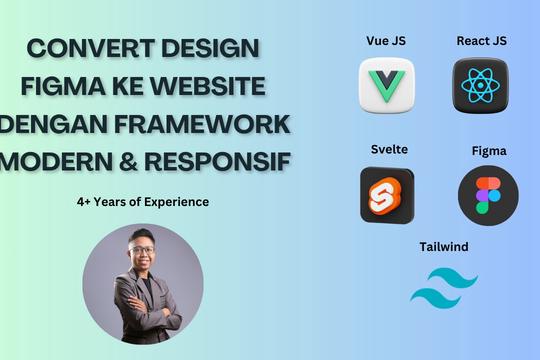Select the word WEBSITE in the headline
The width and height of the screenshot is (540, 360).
coord(215,88)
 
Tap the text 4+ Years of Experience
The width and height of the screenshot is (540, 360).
coord(142,202)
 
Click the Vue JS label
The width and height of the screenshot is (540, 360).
coord(386,41)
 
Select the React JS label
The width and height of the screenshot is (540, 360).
coord(481,41)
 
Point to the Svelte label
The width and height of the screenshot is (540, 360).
coord(388,150)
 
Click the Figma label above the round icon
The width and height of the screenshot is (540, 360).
coord(489,151)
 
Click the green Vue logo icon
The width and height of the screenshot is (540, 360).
coord(386,84)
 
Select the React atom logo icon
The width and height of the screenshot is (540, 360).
coord(481,84)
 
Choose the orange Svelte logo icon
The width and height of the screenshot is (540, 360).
coord(387,194)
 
